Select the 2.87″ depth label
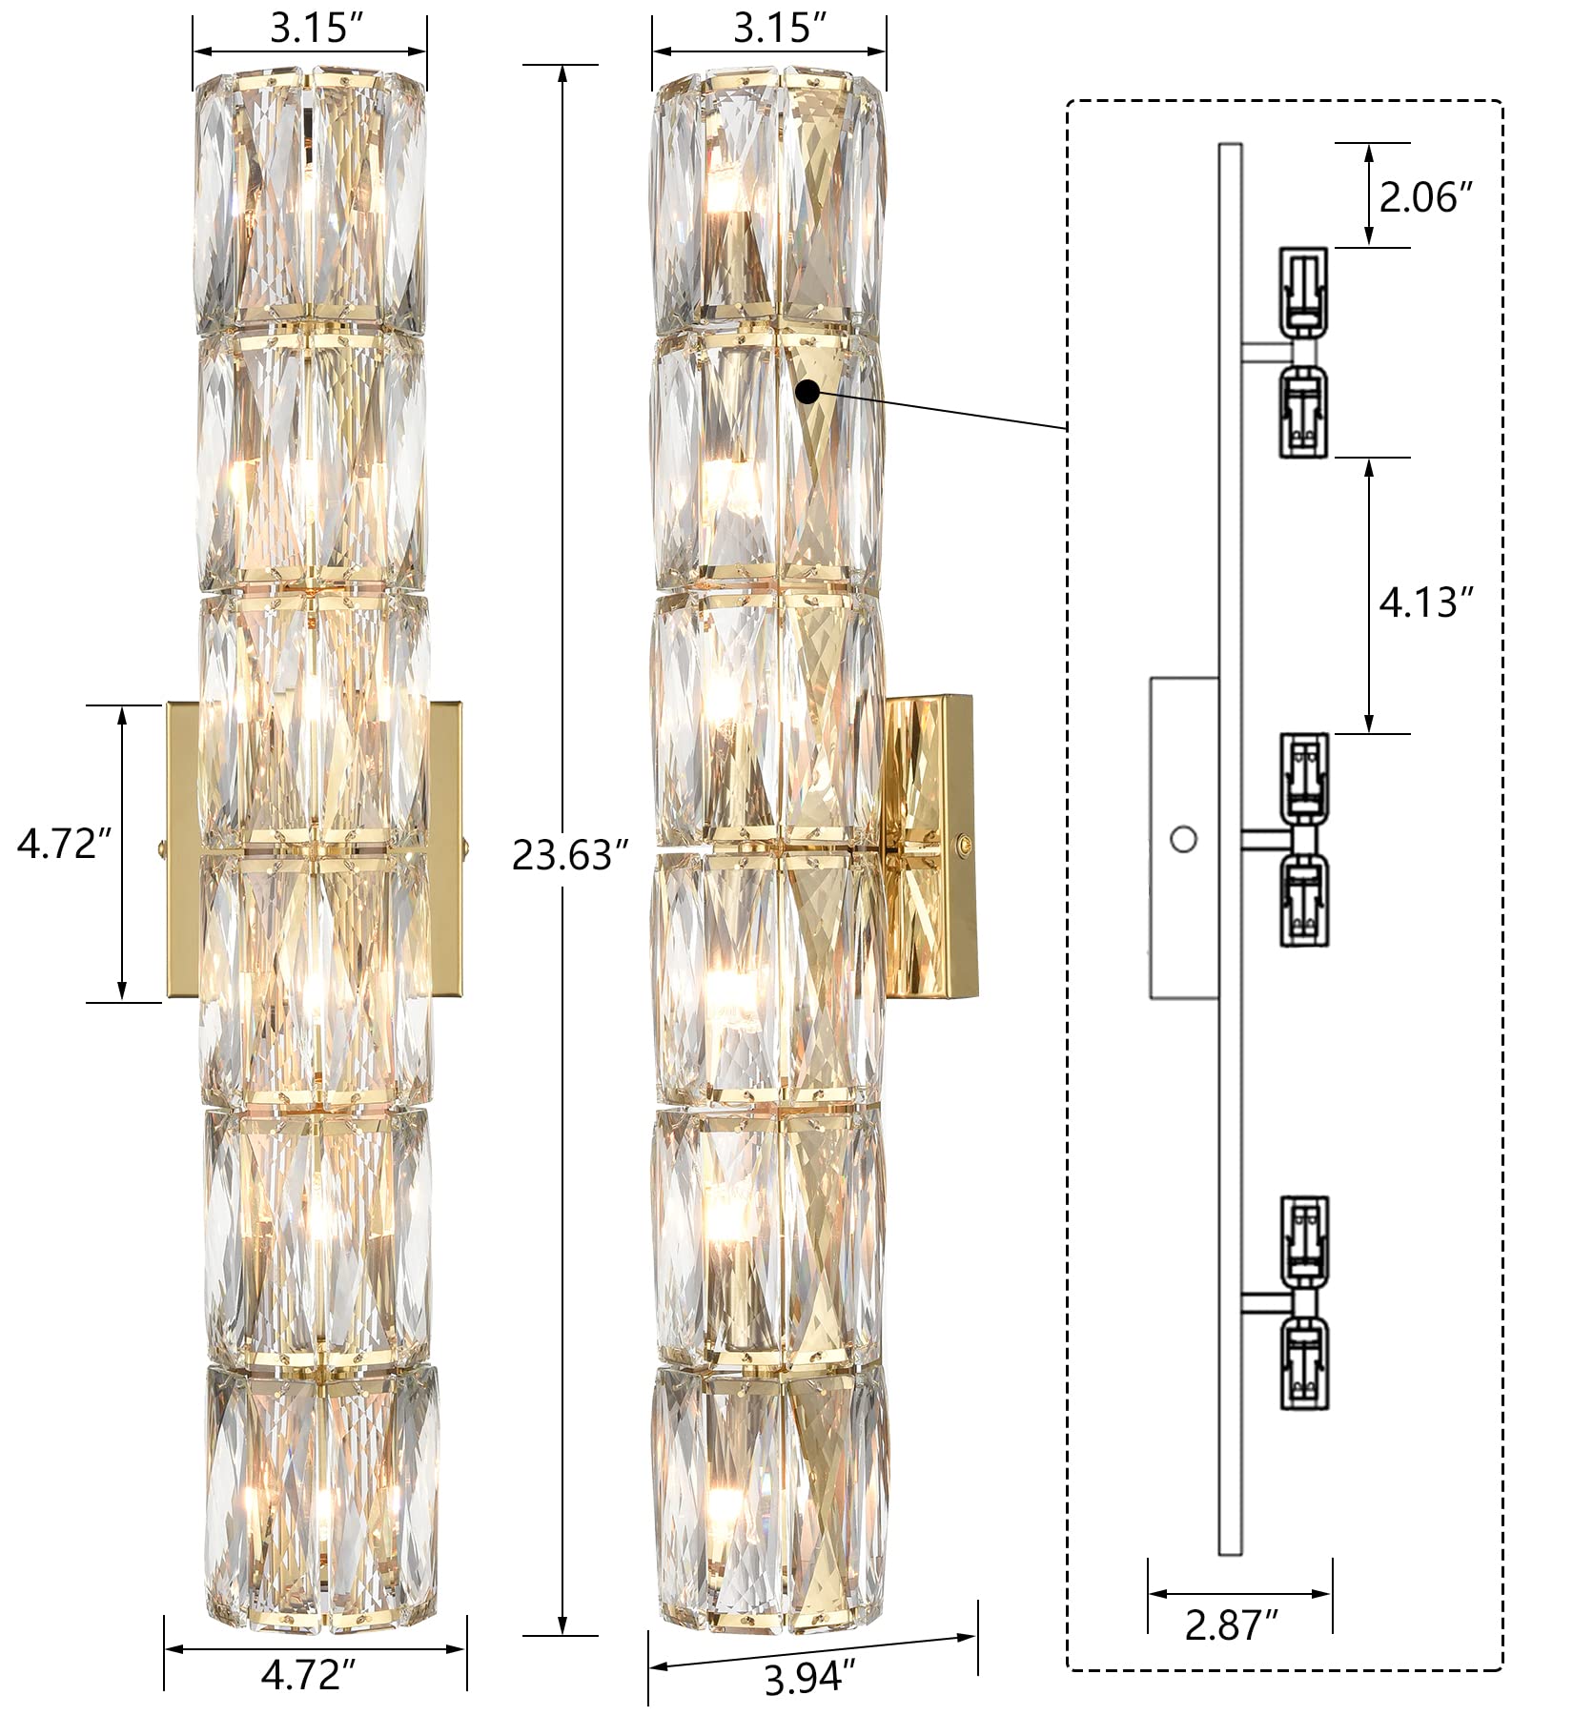click(x=1231, y=1624)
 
